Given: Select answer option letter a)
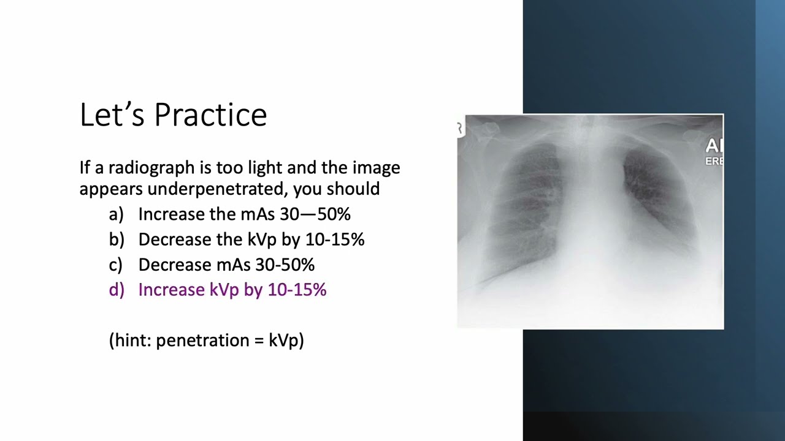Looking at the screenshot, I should pyautogui.click(x=117, y=214).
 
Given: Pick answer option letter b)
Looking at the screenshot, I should pyautogui.click(x=117, y=239).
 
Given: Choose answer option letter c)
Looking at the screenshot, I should pyautogui.click(x=116, y=265).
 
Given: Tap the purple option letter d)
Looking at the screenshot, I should pyautogui.click(x=117, y=290).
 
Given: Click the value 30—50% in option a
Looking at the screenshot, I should pyautogui.click(x=315, y=214).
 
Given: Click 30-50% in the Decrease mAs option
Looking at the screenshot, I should pyautogui.click(x=288, y=265).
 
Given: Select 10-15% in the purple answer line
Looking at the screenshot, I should pyautogui.click(x=297, y=290).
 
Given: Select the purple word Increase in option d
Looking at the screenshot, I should pyautogui.click(x=171, y=290).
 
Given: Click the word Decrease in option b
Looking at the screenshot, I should pyautogui.click(x=174, y=239).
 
